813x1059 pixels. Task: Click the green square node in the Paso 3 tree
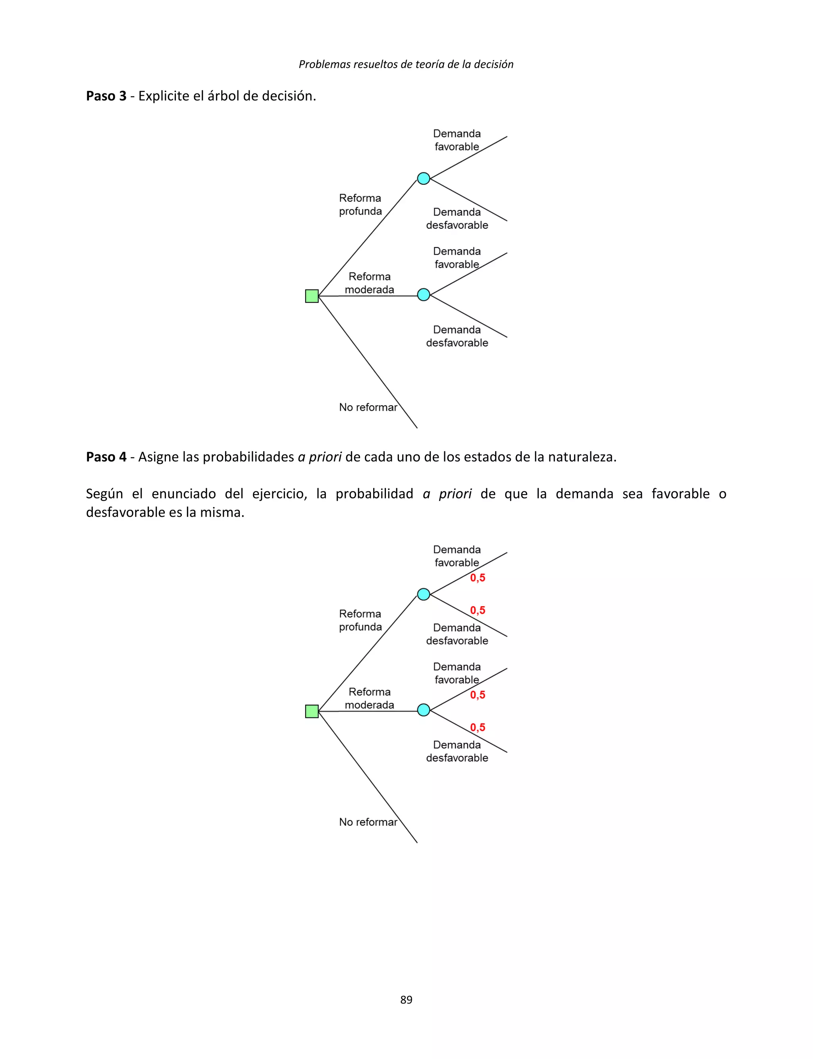point(312,296)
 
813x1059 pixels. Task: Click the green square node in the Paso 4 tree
point(312,711)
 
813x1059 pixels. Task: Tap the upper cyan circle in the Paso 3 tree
point(424,179)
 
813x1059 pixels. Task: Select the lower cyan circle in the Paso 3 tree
point(424,294)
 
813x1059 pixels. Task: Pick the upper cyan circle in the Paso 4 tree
point(424,594)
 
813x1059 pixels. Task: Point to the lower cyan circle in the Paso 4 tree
point(424,710)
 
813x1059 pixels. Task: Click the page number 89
point(406,999)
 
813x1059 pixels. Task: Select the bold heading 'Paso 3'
point(106,96)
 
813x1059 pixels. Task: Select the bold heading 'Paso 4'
point(106,457)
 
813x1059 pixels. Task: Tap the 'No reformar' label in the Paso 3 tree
point(368,407)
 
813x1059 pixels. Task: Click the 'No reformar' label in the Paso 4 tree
point(368,822)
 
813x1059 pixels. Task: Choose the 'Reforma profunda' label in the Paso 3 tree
point(360,204)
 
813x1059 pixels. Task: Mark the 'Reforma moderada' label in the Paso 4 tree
point(369,698)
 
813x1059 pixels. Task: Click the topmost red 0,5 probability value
point(478,578)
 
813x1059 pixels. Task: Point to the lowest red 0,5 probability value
point(478,727)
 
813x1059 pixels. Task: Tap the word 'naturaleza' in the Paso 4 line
point(581,457)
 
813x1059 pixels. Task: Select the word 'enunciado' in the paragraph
point(183,494)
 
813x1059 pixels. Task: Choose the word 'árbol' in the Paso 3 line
point(223,96)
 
